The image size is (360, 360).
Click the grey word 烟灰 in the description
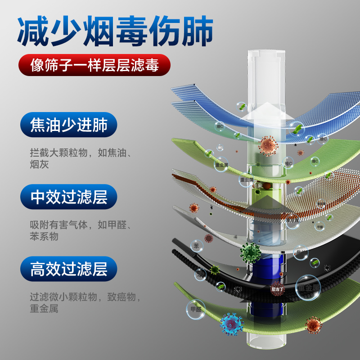coord(39,165)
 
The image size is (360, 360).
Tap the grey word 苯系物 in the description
coord(44,237)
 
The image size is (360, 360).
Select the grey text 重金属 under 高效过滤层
coord(44,309)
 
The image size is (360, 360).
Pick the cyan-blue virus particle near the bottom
coord(232,323)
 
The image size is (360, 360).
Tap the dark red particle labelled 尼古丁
coord(277,288)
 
